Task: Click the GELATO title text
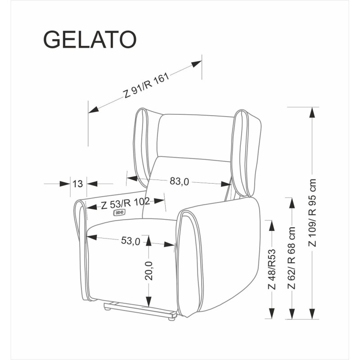90,40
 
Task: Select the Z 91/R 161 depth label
146,85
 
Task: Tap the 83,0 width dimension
179,181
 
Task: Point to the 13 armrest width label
78,183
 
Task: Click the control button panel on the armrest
120,212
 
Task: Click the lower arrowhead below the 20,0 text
148,301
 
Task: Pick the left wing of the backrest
143,144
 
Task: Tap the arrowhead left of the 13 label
63,183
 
